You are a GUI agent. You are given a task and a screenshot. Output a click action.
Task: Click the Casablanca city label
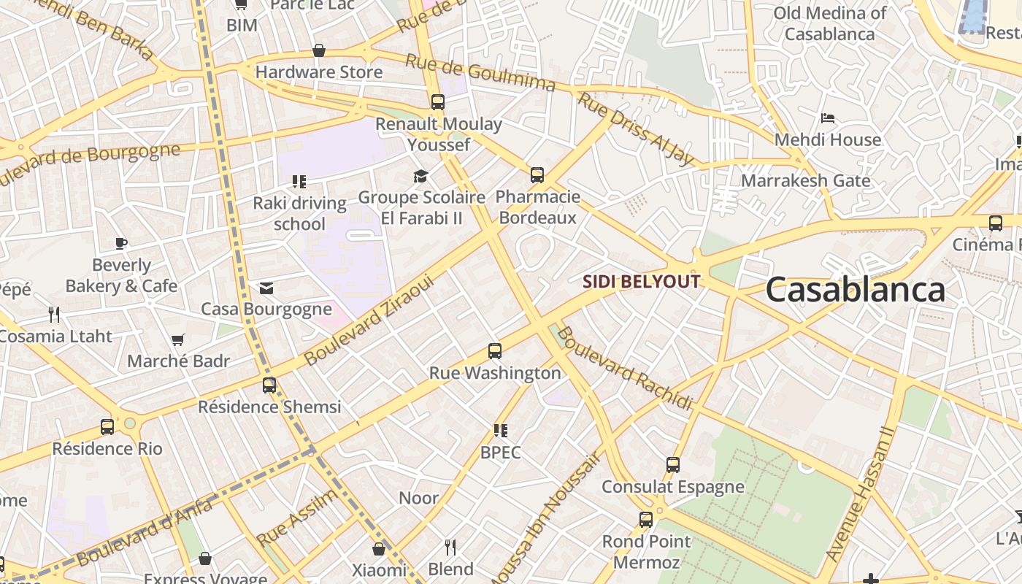(x=855, y=290)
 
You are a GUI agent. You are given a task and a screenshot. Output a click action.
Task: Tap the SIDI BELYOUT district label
(x=641, y=282)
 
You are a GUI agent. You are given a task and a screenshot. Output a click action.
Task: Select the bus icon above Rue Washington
(x=495, y=351)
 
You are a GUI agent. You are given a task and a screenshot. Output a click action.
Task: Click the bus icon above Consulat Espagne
(x=673, y=465)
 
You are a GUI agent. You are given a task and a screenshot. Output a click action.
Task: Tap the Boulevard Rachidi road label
(x=624, y=369)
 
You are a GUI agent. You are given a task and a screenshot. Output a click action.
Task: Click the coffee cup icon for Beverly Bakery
(x=121, y=243)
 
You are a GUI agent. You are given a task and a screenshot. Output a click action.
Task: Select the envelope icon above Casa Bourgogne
(x=266, y=288)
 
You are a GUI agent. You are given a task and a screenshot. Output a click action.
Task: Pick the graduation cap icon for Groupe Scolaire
(x=420, y=176)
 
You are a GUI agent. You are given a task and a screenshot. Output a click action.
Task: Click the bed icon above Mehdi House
(x=828, y=118)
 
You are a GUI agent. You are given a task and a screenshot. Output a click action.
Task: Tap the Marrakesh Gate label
(x=805, y=180)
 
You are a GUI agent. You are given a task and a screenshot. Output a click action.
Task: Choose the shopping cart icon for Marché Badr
(x=177, y=339)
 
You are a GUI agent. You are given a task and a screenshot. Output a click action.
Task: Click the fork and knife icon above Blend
(x=450, y=547)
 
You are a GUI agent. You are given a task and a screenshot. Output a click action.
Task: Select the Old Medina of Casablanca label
(x=829, y=23)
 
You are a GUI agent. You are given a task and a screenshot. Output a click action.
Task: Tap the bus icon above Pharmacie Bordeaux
(x=537, y=175)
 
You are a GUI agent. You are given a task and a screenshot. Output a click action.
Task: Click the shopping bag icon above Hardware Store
(x=319, y=50)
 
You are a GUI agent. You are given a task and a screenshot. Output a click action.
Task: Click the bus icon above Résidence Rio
(x=107, y=427)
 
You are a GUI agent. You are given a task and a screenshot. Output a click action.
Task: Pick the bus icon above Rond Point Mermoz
(x=646, y=520)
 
